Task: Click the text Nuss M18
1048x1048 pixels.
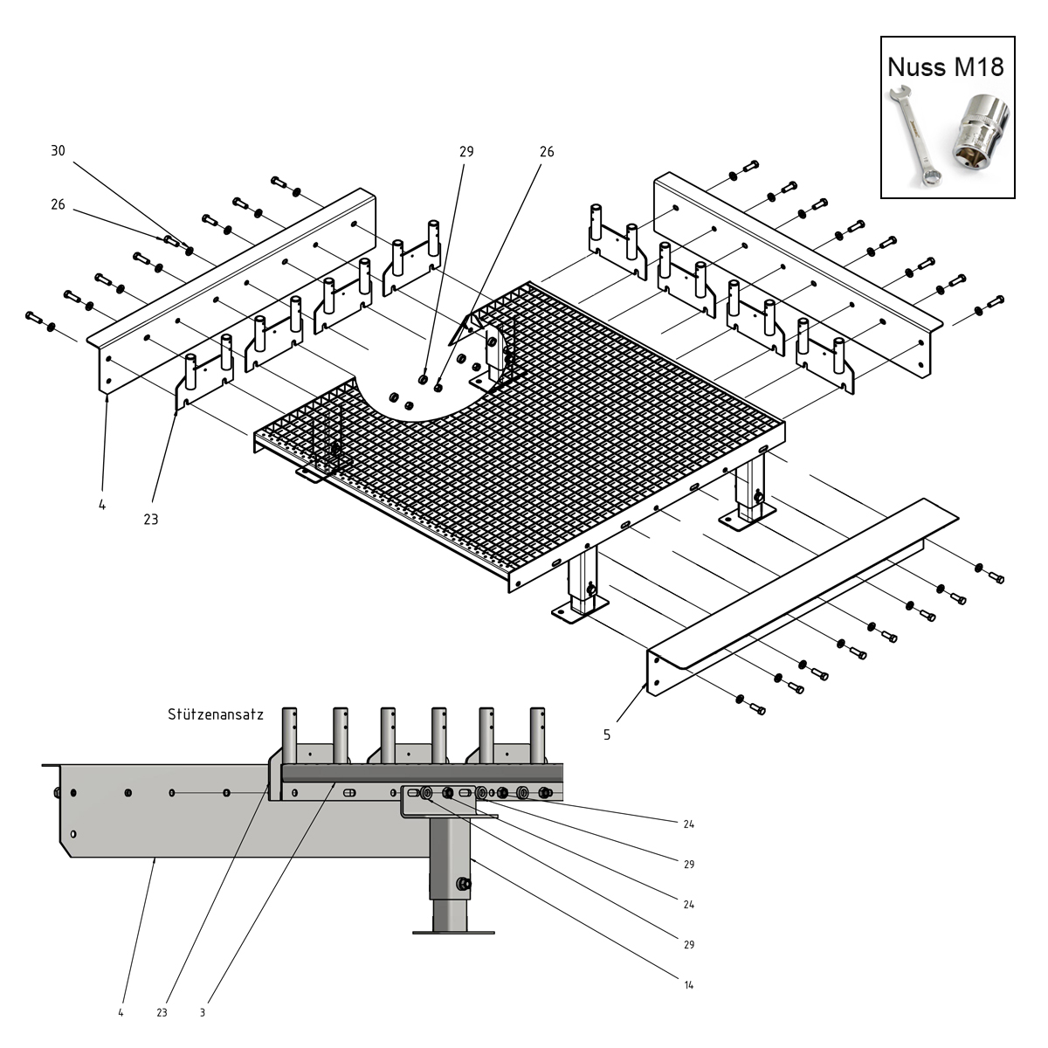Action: pos(945,67)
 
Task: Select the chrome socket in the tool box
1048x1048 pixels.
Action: pos(980,128)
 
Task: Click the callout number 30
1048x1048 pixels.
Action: pos(58,150)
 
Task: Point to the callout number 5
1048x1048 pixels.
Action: pos(607,734)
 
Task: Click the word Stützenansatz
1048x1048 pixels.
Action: pos(216,714)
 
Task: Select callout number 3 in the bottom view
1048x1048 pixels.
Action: pos(203,1013)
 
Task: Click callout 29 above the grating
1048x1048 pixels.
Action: pos(466,152)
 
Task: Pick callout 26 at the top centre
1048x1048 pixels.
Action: pos(547,152)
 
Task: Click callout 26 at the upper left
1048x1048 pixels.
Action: pos(58,204)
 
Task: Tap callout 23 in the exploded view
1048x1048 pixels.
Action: pos(150,520)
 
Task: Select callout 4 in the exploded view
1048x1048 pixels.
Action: pos(102,505)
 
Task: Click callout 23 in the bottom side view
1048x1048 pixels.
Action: pos(162,1013)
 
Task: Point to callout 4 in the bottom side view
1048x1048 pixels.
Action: pos(121,1013)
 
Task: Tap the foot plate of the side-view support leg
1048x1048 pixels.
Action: pos(453,933)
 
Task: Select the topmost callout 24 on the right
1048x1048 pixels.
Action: pos(688,824)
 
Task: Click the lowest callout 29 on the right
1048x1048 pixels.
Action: pos(688,945)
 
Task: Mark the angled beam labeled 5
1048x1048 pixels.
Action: pos(803,596)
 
